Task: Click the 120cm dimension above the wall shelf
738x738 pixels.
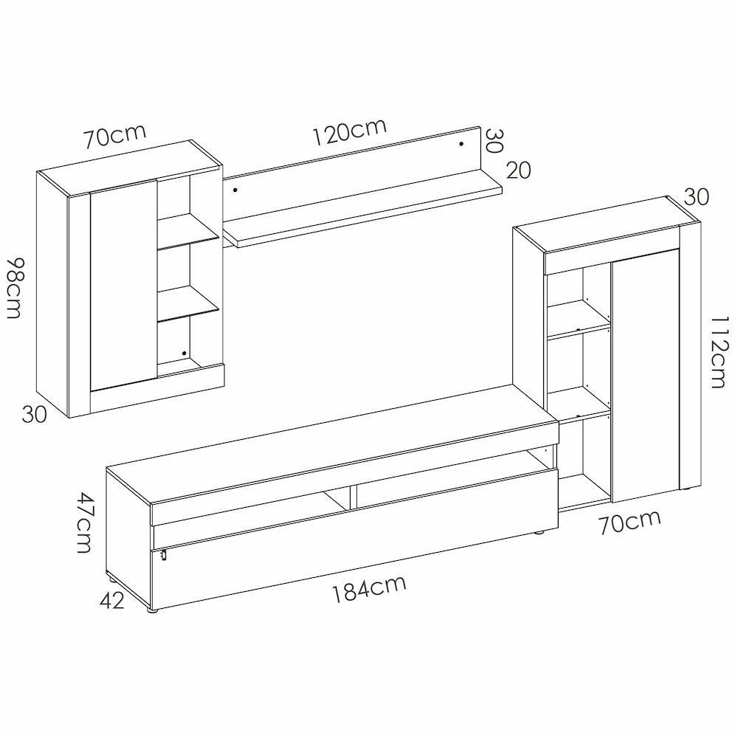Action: [x=350, y=131]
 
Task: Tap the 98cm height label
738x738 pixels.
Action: [x=15, y=288]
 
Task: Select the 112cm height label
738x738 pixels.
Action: [x=718, y=351]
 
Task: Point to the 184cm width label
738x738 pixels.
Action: [x=369, y=589]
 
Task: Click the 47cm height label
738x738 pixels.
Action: [x=84, y=523]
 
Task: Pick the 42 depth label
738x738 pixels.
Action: [x=112, y=601]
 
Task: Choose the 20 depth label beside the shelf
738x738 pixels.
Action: [x=519, y=170]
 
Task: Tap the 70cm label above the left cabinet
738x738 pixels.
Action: [x=115, y=136]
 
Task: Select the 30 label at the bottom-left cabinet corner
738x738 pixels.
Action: [x=35, y=415]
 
